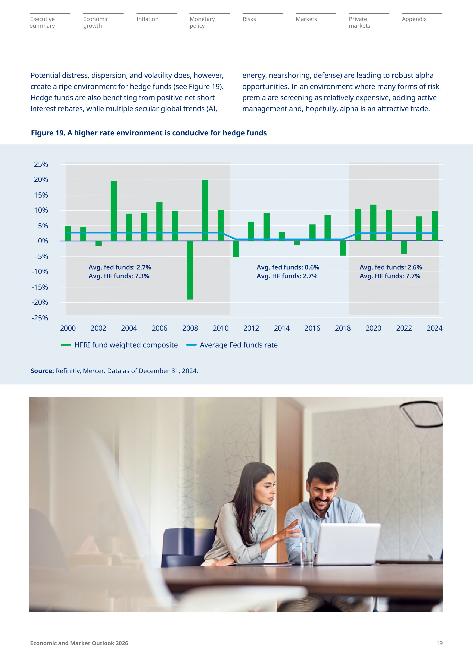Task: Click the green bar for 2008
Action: (190, 270)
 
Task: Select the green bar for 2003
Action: (114, 211)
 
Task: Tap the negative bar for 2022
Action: (404, 247)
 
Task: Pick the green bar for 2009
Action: (205, 210)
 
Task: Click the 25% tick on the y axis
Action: (41, 164)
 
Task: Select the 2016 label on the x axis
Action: (312, 328)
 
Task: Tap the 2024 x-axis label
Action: (434, 328)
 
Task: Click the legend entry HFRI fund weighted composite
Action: (126, 345)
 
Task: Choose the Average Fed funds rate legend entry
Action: (239, 345)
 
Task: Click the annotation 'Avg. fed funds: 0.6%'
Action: (288, 267)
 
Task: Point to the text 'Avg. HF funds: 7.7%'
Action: (390, 276)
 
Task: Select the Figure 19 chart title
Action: (149, 133)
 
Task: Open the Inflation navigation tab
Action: (147, 19)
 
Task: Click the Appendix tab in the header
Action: (414, 19)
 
